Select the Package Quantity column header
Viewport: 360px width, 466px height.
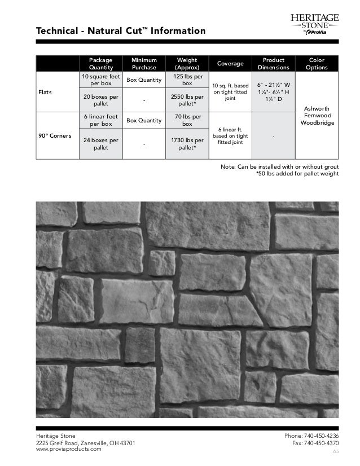[x=100, y=63]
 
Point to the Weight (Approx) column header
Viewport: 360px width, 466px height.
[x=187, y=63]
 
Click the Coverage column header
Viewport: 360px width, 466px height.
[x=230, y=63]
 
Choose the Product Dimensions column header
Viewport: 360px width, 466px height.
[x=274, y=63]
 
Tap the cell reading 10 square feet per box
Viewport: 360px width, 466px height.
[x=100, y=80]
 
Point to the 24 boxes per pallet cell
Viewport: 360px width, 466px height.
[x=100, y=144]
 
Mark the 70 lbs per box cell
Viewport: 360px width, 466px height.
[x=187, y=120]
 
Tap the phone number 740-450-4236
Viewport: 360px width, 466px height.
[x=316, y=436]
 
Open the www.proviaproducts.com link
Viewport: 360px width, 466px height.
[x=69, y=449]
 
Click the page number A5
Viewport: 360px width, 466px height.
[x=335, y=452]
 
